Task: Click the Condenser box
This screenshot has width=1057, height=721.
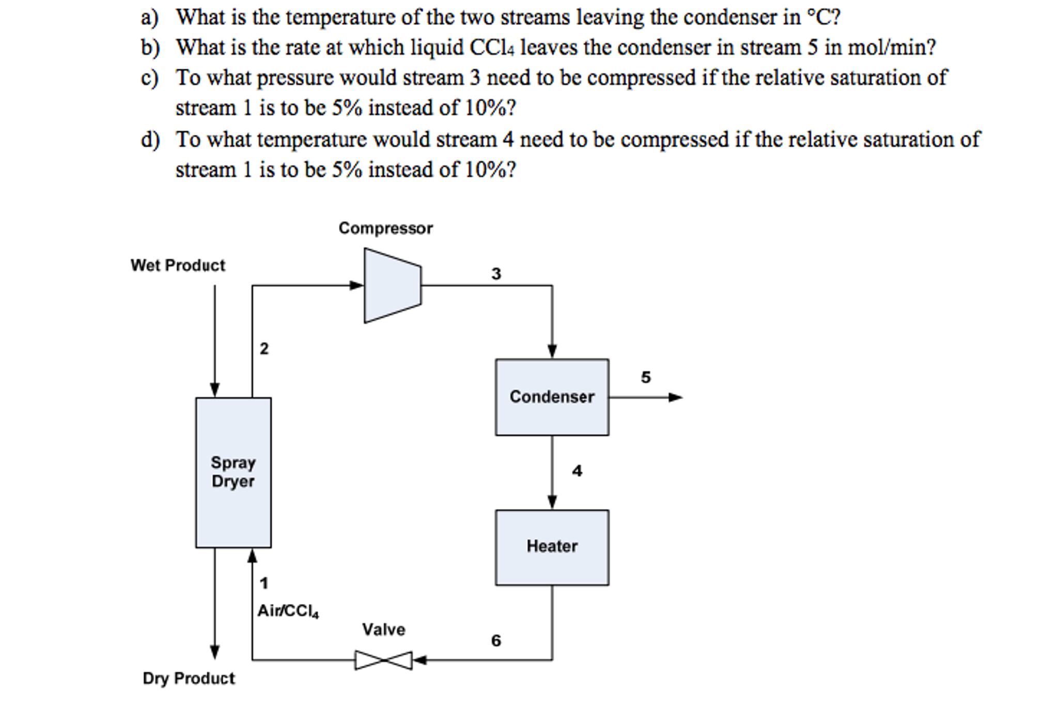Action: click(551, 397)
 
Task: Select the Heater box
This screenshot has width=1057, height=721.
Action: click(551, 547)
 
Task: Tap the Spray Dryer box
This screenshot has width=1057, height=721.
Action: click(233, 472)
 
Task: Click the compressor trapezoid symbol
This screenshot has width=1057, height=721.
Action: click(392, 285)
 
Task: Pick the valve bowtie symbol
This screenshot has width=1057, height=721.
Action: click(383, 660)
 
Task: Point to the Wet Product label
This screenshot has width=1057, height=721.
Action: click(178, 265)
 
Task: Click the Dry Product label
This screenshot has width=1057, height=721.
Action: click(189, 678)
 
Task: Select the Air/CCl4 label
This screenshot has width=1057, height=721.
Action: click(288, 611)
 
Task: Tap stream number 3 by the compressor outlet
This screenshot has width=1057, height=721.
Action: click(496, 273)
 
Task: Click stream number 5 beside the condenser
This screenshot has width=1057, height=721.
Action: click(645, 377)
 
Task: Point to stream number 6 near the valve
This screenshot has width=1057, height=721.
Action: click(496, 640)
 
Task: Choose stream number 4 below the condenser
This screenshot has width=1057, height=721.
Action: click(577, 470)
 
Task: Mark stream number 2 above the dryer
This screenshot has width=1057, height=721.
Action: click(264, 348)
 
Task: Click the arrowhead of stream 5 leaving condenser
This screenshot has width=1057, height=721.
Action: click(675, 397)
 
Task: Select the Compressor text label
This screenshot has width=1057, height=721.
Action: click(385, 228)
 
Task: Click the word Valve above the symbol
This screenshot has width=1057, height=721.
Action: click(383, 630)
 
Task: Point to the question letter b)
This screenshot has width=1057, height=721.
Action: click(150, 48)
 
